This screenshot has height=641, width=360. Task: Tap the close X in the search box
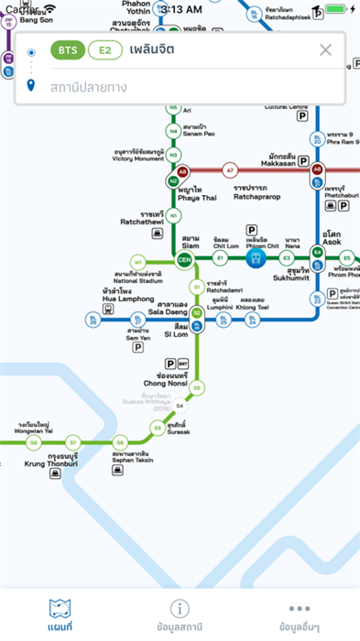click(325, 50)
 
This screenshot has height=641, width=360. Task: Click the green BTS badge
click(66, 50)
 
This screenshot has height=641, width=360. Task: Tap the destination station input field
click(183, 87)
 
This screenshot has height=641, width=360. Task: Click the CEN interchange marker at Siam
click(183, 259)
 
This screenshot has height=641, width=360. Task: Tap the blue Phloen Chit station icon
click(252, 259)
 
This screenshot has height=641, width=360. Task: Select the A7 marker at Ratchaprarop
click(231, 170)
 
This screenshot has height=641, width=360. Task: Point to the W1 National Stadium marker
click(138, 260)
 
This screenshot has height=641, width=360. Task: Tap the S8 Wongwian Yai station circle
click(33, 442)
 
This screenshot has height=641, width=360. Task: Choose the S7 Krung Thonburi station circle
click(75, 442)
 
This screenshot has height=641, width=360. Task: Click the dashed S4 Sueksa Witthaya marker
click(180, 406)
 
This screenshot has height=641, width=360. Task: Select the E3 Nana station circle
click(286, 259)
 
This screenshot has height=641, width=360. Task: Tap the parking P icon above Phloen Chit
click(251, 229)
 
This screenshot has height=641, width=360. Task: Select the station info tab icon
click(180, 608)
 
